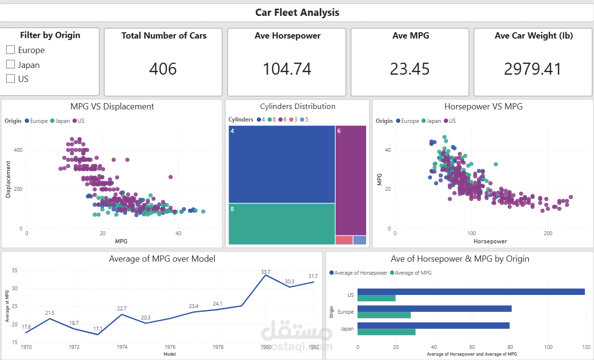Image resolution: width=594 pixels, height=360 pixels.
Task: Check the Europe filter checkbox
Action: [11, 50]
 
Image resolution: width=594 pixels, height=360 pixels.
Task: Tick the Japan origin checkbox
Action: [11, 65]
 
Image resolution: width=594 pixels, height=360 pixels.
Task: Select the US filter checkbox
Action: [11, 79]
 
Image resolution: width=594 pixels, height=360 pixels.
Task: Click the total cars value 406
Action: [163, 69]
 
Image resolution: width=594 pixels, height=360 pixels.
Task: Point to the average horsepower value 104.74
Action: [287, 69]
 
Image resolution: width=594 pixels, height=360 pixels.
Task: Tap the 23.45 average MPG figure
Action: [409, 69]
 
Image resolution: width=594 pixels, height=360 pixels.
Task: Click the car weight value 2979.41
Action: [533, 69]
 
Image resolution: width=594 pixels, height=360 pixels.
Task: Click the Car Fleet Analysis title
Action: [297, 13]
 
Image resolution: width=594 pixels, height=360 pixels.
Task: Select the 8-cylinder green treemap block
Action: [282, 224]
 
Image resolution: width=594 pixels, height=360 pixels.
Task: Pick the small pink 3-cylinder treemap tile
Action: [344, 240]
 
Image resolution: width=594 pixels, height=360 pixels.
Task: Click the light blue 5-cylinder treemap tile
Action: [360, 240]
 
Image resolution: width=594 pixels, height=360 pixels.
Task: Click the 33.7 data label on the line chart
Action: [265, 272]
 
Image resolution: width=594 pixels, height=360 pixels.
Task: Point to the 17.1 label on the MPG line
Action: [98, 329]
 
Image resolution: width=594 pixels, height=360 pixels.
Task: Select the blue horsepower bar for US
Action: [471, 292]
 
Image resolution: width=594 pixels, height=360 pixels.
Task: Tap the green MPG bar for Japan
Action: [386, 332]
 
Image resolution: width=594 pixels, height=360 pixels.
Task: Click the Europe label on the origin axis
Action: [346, 312]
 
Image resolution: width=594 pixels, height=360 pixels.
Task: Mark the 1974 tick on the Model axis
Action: [122, 347]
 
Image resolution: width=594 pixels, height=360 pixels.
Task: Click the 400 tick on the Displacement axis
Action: [17, 150]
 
